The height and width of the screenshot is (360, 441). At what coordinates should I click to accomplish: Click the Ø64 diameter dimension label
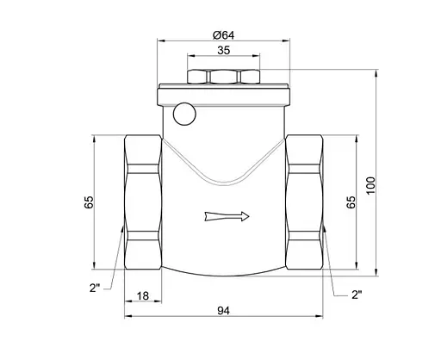click(x=224, y=35)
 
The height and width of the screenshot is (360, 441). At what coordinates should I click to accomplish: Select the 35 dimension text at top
click(x=224, y=52)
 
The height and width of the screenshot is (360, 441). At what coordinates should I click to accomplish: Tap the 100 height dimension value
click(x=370, y=184)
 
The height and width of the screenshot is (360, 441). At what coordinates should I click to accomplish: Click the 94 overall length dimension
click(x=224, y=308)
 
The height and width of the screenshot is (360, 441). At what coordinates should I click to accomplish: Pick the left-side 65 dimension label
click(x=89, y=203)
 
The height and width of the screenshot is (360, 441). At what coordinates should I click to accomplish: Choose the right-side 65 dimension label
click(x=351, y=203)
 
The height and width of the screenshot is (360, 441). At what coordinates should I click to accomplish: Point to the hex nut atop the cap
click(x=224, y=76)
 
